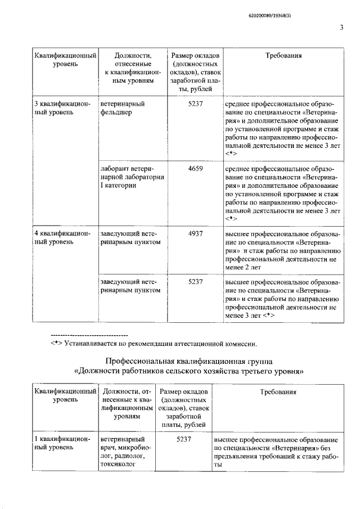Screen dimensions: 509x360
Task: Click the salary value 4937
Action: tap(192, 232)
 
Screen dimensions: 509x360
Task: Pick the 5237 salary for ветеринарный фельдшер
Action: tap(192, 103)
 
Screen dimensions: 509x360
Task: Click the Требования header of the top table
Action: tap(283, 56)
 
